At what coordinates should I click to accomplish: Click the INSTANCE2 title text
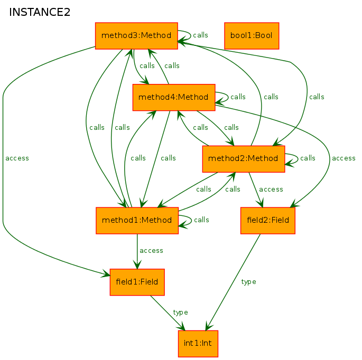pyautogui.click(x=40, y=12)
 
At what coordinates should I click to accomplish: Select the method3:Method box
pyautogui.click(x=136, y=36)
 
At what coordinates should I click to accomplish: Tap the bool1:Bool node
pyautogui.click(x=252, y=36)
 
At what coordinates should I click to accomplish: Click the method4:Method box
pyautogui.click(x=174, y=97)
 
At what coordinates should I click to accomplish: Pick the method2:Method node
pyautogui.click(x=244, y=159)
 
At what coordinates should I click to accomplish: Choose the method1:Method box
pyautogui.click(x=137, y=221)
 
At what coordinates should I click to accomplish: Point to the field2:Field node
pyautogui.click(x=268, y=221)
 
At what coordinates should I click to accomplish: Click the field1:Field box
pyautogui.click(x=137, y=282)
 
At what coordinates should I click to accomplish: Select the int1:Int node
pyautogui.click(x=198, y=344)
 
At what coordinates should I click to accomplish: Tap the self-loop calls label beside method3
pyautogui.click(x=200, y=35)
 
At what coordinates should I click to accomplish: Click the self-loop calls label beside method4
pyautogui.click(x=238, y=97)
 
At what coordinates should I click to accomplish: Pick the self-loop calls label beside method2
pyautogui.click(x=308, y=158)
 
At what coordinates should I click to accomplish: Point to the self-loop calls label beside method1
pyautogui.click(x=201, y=220)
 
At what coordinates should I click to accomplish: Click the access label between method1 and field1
pyautogui.click(x=151, y=251)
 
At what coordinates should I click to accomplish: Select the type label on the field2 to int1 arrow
pyautogui.click(x=248, y=282)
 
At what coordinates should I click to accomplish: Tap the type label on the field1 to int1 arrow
pyautogui.click(x=180, y=312)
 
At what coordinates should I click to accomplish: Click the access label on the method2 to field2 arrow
pyautogui.click(x=271, y=190)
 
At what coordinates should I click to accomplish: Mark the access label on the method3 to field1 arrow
pyautogui.click(x=17, y=158)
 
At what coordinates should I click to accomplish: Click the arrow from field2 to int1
pyautogui.click(x=233, y=282)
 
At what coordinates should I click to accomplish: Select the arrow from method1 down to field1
pyautogui.click(x=137, y=251)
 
